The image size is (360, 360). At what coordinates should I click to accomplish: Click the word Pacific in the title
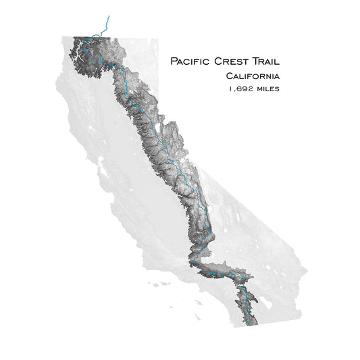(190, 61)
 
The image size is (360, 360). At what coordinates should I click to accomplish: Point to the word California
(253, 76)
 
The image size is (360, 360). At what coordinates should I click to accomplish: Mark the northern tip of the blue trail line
(107, 17)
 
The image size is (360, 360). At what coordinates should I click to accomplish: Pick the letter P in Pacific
(174, 61)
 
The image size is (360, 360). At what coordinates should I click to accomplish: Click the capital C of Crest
(216, 61)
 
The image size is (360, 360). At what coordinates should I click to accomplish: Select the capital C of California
(230, 76)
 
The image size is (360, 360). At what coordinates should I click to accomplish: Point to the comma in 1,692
(234, 90)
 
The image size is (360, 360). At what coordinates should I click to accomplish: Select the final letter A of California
(277, 76)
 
